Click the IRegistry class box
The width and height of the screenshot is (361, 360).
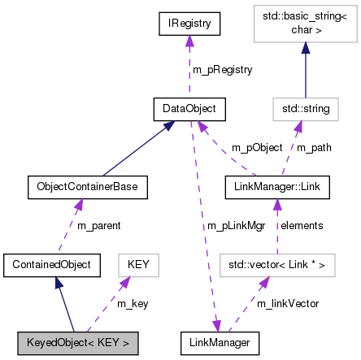[x=190, y=24]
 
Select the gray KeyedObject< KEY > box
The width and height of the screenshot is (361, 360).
[x=76, y=342]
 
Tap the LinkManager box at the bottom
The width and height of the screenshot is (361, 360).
[x=220, y=342]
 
